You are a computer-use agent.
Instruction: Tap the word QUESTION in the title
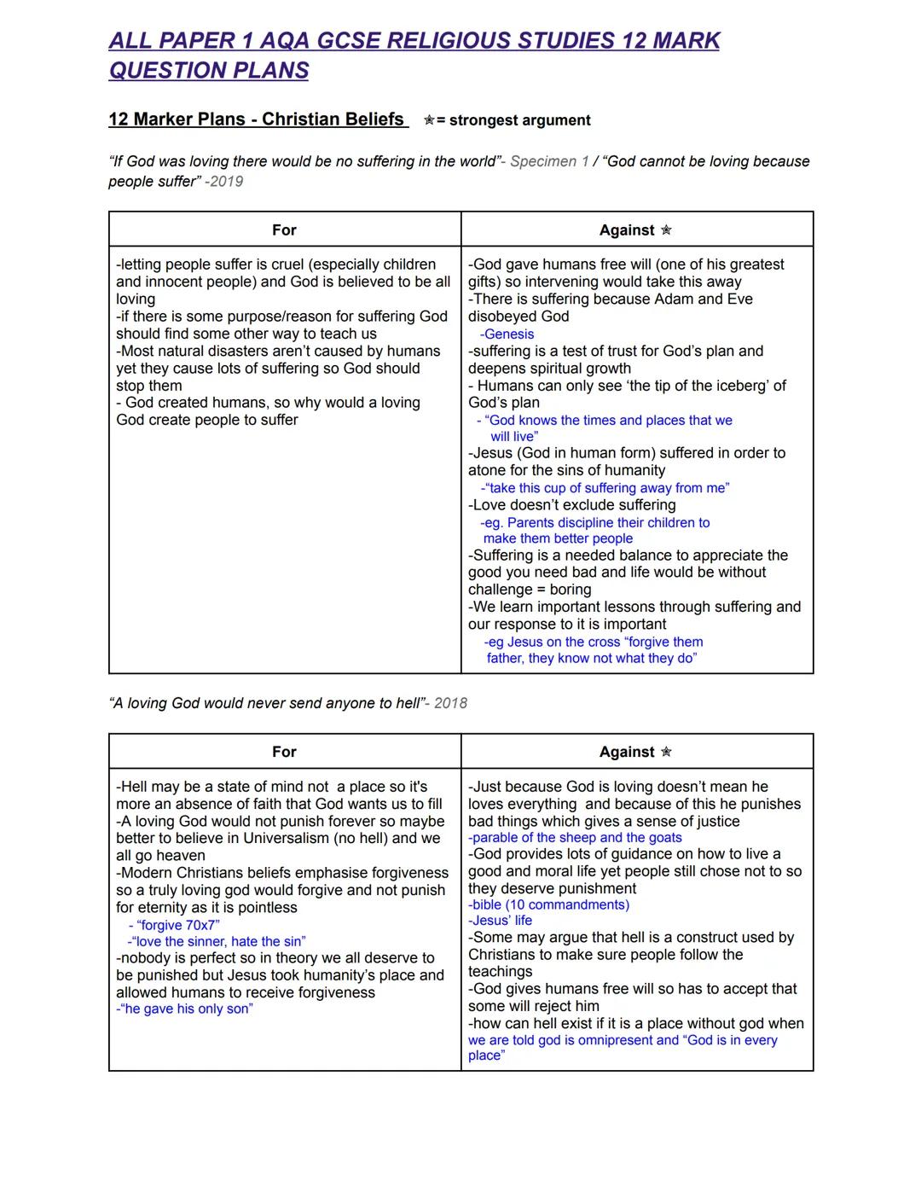[x=165, y=70]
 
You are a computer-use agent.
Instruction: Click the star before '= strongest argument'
[x=429, y=120]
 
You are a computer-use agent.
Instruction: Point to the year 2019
[x=226, y=182]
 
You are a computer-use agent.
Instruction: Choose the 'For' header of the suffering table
[x=284, y=230]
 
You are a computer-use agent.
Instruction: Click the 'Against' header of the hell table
[x=627, y=752]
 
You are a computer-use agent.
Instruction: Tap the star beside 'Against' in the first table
[x=666, y=230]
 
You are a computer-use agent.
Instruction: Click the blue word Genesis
[x=509, y=334]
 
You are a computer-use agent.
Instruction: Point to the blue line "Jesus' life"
[x=501, y=921]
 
